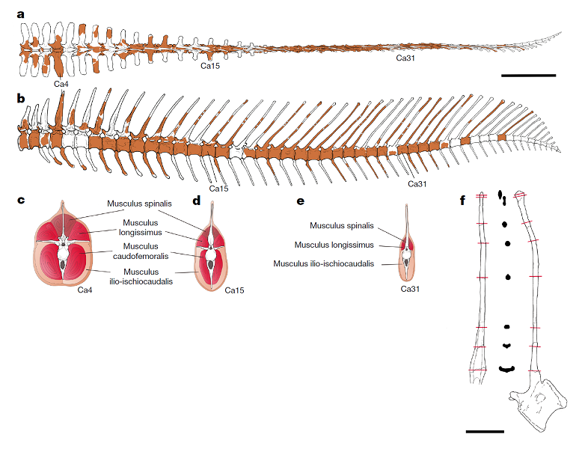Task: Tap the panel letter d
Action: coord(197,200)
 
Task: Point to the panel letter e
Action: coord(300,200)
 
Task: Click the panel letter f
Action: coord(463,200)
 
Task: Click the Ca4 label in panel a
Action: coord(61,83)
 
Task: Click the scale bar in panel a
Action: coord(528,76)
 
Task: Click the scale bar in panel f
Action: coord(485,431)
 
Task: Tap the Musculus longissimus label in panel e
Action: coord(333,244)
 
